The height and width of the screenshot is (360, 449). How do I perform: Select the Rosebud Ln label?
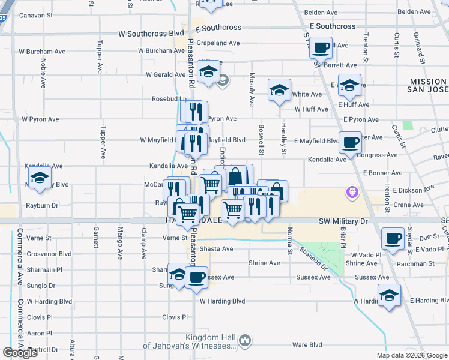click(169, 98)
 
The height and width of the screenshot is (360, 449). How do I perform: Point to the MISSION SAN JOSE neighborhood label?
click(428, 86)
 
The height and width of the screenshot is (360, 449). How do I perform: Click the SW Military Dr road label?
click(342, 221)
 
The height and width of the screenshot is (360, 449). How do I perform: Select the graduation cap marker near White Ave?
click(279, 91)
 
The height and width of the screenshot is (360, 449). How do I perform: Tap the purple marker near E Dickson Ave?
click(352, 192)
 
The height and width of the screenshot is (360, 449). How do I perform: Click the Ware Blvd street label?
click(307, 345)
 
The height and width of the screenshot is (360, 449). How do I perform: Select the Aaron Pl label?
click(40, 333)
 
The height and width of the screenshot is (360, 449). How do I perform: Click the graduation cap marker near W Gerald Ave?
click(208, 72)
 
